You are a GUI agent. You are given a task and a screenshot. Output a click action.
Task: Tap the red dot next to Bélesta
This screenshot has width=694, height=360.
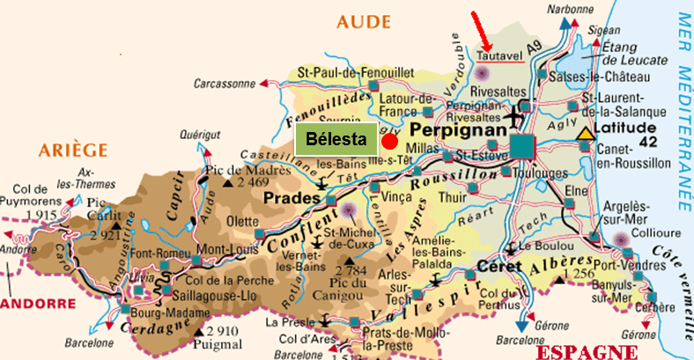[x=390, y=140]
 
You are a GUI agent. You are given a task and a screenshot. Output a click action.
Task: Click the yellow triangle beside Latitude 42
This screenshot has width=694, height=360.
[x=585, y=135]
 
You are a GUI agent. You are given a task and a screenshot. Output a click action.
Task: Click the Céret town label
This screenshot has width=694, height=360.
[x=500, y=266]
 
